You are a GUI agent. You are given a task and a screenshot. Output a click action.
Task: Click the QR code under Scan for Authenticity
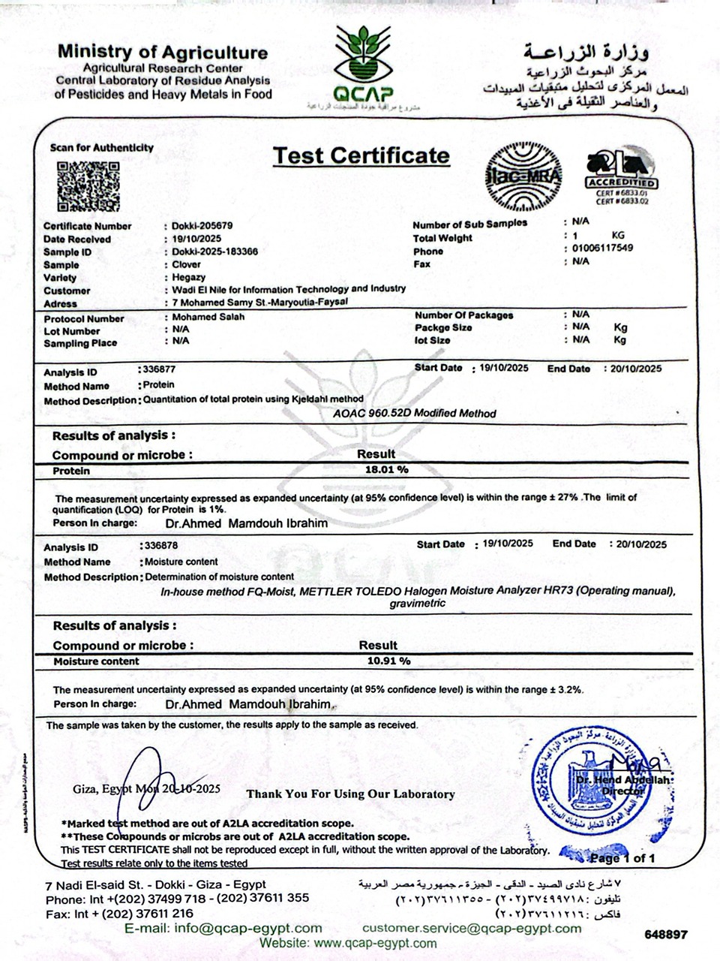coord(88,186)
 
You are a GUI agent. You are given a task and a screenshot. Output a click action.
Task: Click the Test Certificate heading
coord(361,155)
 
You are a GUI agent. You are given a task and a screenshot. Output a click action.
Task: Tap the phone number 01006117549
coord(602,248)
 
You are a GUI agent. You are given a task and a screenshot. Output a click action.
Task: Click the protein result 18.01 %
coord(386,469)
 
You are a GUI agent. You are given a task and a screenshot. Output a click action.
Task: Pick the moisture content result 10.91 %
coord(388,661)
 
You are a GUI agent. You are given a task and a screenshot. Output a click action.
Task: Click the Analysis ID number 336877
coord(159,369)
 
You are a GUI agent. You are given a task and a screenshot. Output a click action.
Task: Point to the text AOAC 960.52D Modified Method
coord(414,413)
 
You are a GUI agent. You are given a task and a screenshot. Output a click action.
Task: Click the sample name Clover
coord(187,264)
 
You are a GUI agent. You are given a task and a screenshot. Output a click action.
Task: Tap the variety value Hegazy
coord(189,277)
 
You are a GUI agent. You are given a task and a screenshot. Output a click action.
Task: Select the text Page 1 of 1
coord(622,858)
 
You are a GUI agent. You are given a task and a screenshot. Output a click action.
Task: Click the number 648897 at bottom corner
coord(665,935)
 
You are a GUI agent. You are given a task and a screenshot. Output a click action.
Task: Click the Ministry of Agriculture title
coord(163,53)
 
